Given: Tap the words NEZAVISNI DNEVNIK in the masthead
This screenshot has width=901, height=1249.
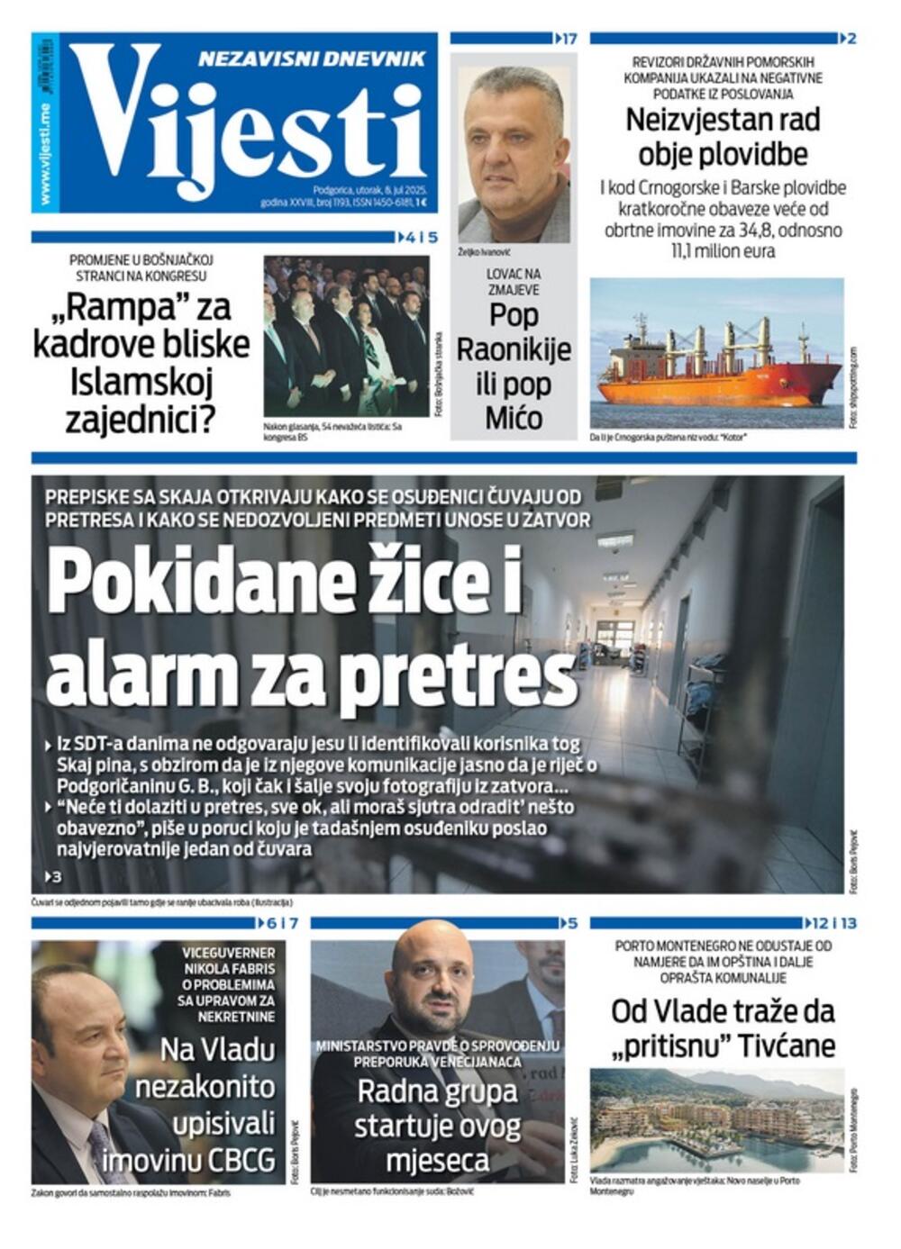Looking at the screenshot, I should coord(311,59).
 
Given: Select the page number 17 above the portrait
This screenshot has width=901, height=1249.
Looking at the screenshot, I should coord(569,39).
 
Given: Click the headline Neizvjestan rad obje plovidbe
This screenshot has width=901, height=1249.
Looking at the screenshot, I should coord(716,137).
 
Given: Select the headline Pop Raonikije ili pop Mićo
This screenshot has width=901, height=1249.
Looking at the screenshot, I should coord(514,366).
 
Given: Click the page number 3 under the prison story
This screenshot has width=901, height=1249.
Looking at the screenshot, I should coord(57,876).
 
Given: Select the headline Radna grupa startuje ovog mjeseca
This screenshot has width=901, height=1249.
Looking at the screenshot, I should coord(437,1126).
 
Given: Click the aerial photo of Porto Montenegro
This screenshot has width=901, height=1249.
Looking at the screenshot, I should coord(716,1119).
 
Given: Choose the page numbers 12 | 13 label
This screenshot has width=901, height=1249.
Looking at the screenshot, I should coord(833,923).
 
